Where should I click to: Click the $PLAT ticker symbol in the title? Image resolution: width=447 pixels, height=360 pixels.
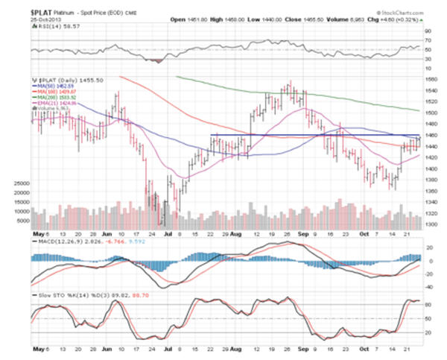(x=42, y=13)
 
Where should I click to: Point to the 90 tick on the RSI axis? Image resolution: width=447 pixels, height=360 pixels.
(x=427, y=31)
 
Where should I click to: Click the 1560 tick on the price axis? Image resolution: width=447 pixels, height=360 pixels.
(x=430, y=78)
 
